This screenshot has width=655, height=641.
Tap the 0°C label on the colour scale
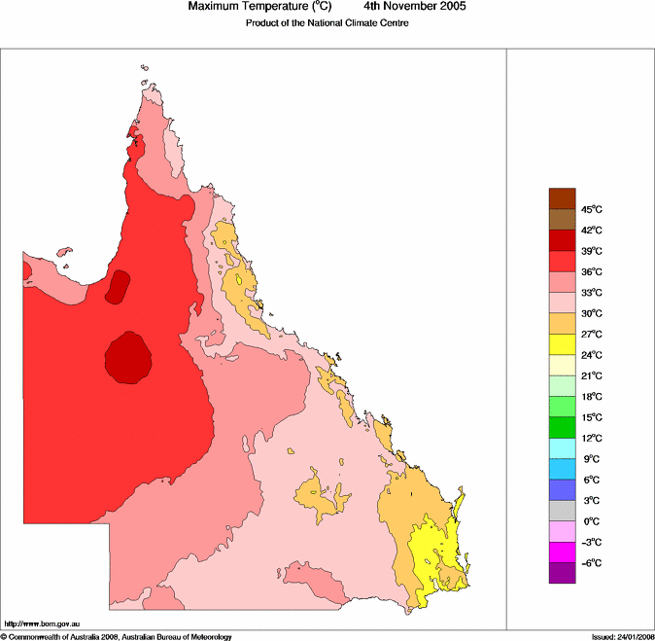click(x=591, y=522)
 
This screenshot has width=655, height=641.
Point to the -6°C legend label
click(x=592, y=564)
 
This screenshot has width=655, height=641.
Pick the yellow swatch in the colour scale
click(x=563, y=344)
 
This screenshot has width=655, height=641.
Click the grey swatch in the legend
click(x=563, y=511)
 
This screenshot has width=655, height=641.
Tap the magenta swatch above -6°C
click(x=563, y=552)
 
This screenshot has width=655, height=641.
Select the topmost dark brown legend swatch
click(x=563, y=198)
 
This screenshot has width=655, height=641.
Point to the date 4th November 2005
click(x=415, y=7)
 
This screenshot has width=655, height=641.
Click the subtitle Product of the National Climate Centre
click(x=327, y=22)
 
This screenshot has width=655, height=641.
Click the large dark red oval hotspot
click(x=126, y=357)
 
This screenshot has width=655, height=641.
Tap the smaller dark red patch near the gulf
click(x=118, y=286)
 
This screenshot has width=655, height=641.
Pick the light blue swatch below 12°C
click(x=563, y=448)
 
